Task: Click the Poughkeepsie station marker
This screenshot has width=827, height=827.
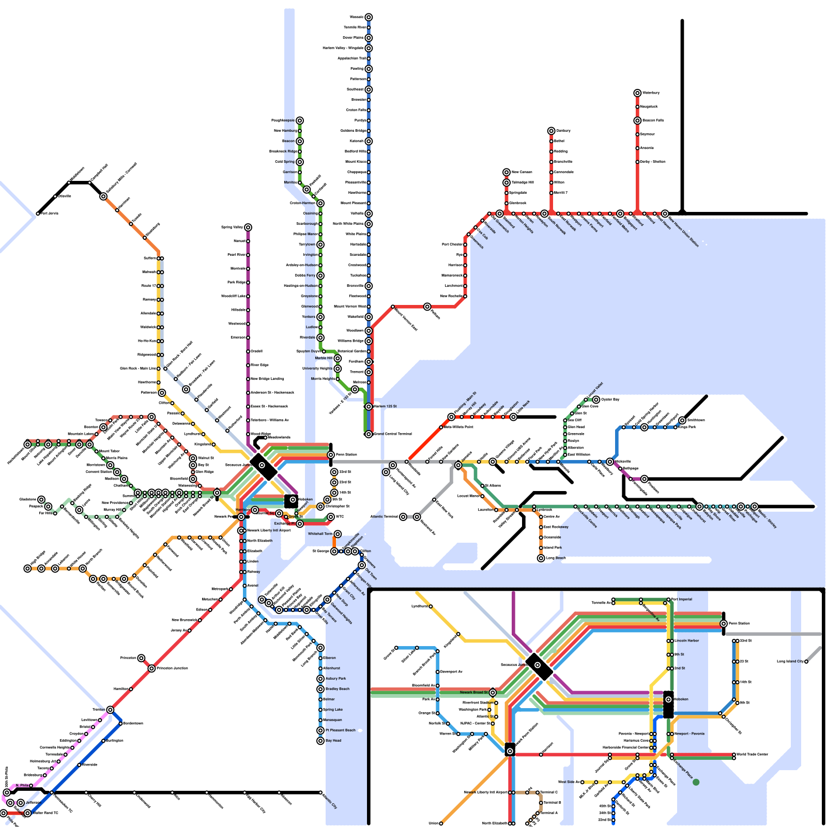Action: [x=300, y=120]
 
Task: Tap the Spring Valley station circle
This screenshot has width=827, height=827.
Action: [x=248, y=227]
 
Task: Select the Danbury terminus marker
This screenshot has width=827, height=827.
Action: [x=552, y=131]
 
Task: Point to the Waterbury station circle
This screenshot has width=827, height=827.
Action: [x=638, y=93]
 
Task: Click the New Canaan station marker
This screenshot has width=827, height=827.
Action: [x=507, y=172]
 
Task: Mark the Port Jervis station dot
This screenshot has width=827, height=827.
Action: [x=38, y=213]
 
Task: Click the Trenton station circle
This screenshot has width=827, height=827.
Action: [x=110, y=710]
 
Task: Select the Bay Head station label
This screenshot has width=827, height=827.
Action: [x=333, y=741]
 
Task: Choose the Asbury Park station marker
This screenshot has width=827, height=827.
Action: [x=320, y=679]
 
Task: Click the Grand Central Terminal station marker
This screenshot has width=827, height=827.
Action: [x=369, y=434]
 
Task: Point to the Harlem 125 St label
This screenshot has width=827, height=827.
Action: [x=385, y=406]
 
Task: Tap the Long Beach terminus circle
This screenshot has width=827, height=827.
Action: [x=541, y=558]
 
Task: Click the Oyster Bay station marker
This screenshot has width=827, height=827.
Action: [x=596, y=400]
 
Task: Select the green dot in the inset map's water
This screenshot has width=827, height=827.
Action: [x=696, y=783]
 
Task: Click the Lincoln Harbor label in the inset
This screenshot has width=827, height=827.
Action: [x=686, y=641]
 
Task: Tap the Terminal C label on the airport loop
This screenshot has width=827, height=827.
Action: [x=549, y=792]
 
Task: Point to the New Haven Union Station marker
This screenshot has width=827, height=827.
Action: [x=665, y=213]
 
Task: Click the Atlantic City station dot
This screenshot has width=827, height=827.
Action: [x=320, y=792]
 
